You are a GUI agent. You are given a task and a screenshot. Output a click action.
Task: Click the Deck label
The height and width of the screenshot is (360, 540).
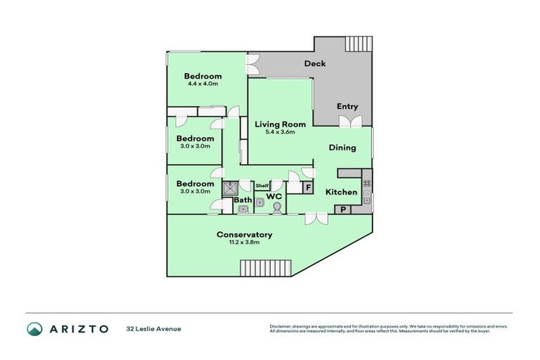pyautogui.click(x=314, y=64)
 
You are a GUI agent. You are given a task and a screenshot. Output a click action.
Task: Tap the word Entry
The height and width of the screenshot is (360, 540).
pyautogui.click(x=347, y=106)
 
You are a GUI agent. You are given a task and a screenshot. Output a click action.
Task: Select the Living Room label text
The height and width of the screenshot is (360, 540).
pyautogui.click(x=280, y=124)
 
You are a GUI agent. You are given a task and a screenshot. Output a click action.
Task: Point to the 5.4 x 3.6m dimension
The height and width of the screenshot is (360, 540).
pyautogui.click(x=280, y=131)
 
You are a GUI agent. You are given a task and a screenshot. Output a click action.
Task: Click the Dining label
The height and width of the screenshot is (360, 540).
pyautogui.click(x=342, y=148)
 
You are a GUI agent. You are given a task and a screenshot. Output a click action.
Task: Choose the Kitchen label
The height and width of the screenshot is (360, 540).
pyautogui.click(x=341, y=192)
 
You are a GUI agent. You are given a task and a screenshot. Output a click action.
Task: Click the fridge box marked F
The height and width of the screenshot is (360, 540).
pyautogui.click(x=308, y=188)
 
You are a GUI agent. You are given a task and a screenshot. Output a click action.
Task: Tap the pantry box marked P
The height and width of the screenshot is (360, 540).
pyautogui.click(x=344, y=209)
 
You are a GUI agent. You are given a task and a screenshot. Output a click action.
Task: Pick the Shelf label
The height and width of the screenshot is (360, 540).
pyautogui.click(x=262, y=186)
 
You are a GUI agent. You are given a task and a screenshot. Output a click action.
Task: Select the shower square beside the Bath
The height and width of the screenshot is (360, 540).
pyautogui.click(x=230, y=188)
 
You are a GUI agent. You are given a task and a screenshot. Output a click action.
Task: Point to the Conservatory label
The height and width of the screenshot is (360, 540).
pyautogui.click(x=244, y=234)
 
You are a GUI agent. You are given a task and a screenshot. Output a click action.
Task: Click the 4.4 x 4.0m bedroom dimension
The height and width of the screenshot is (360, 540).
pyautogui.click(x=203, y=84)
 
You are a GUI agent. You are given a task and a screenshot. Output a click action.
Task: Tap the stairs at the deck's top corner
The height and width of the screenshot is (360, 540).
pyautogui.click(x=359, y=44)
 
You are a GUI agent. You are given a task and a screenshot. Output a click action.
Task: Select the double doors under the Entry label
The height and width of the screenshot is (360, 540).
pyautogui.click(x=349, y=122)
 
